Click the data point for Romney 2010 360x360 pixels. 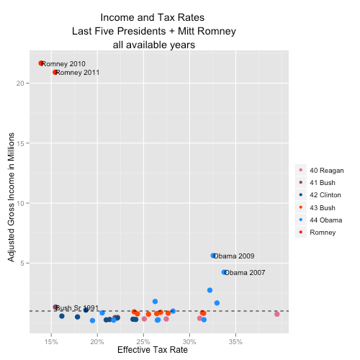[41, 63]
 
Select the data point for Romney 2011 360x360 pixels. [55, 72]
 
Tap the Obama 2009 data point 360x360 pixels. [213, 256]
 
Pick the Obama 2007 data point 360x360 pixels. [224, 272]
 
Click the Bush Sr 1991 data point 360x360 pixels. [55, 307]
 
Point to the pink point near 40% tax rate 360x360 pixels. [276, 314]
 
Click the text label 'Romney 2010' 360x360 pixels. [63, 64]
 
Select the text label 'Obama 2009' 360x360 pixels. [234, 256]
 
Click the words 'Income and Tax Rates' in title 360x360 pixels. [153, 17]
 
